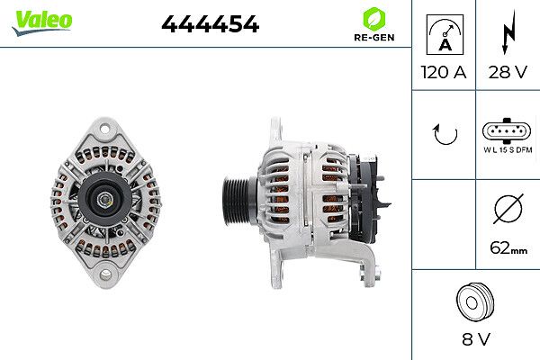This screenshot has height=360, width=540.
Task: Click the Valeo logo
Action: click(42, 22)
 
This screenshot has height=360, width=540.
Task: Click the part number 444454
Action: click(210, 23)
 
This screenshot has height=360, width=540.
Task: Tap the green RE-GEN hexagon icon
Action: click(374, 19)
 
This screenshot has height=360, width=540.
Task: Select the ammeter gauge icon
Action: click(445, 34)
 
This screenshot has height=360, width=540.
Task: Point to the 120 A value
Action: click(444, 72)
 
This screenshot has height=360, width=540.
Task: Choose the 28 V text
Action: click(508, 72)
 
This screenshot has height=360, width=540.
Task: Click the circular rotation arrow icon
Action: click(445, 134)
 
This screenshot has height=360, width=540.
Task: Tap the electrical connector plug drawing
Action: click(506, 130)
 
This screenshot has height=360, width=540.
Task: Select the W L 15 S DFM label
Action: click(508, 150)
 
